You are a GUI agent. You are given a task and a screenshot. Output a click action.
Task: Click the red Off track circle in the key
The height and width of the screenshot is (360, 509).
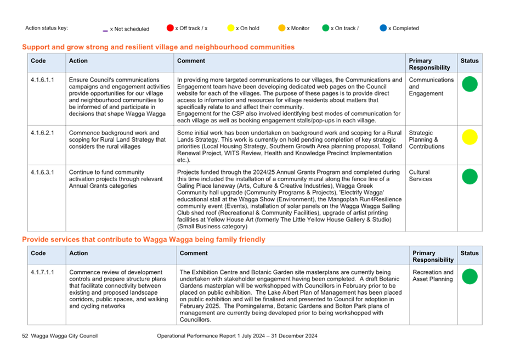click(170, 28)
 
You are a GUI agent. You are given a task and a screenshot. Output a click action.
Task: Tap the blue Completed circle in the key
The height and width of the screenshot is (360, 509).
click(383, 28)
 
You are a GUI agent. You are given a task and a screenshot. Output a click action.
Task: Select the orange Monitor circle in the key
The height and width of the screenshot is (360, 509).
click(282, 28)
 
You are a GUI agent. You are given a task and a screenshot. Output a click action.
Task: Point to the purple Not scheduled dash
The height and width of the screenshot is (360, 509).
click(105, 31)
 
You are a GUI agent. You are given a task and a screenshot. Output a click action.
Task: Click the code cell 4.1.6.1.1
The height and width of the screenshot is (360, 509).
click(42, 80)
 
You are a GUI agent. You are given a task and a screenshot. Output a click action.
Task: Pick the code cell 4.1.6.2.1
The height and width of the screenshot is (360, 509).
click(42, 133)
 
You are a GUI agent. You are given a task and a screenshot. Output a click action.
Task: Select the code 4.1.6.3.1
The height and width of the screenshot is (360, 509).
click(42, 172)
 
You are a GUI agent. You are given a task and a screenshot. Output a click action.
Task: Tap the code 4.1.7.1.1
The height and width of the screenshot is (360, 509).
click(42, 272)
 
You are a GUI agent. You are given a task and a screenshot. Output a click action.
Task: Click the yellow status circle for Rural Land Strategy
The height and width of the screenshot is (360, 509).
click(470, 137)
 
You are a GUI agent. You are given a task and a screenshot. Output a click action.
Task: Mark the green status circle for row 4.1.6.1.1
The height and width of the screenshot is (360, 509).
click(470, 84)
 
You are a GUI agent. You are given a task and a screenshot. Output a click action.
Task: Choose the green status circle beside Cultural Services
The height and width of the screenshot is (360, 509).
click(470, 176)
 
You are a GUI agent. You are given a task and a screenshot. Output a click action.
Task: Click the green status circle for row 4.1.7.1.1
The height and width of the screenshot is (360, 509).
click(470, 277)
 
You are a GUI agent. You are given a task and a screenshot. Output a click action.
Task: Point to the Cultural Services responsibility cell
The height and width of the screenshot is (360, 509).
click(420, 176)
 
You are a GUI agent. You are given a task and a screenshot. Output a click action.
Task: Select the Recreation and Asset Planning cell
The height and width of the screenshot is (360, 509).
click(433, 275)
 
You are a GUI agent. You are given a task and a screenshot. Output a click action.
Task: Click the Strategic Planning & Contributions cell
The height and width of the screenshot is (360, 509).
click(427, 140)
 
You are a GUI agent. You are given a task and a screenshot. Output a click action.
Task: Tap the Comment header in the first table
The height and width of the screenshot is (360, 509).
click(191, 61)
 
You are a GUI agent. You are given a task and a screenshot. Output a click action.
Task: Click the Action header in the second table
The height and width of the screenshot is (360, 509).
click(78, 253)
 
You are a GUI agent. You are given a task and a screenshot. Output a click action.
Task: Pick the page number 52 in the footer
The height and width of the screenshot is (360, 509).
click(25, 336)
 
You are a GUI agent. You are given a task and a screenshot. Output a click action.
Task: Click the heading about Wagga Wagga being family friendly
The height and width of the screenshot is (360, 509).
click(144, 239)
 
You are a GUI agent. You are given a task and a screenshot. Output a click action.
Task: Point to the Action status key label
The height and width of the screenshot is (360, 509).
click(47, 28)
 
